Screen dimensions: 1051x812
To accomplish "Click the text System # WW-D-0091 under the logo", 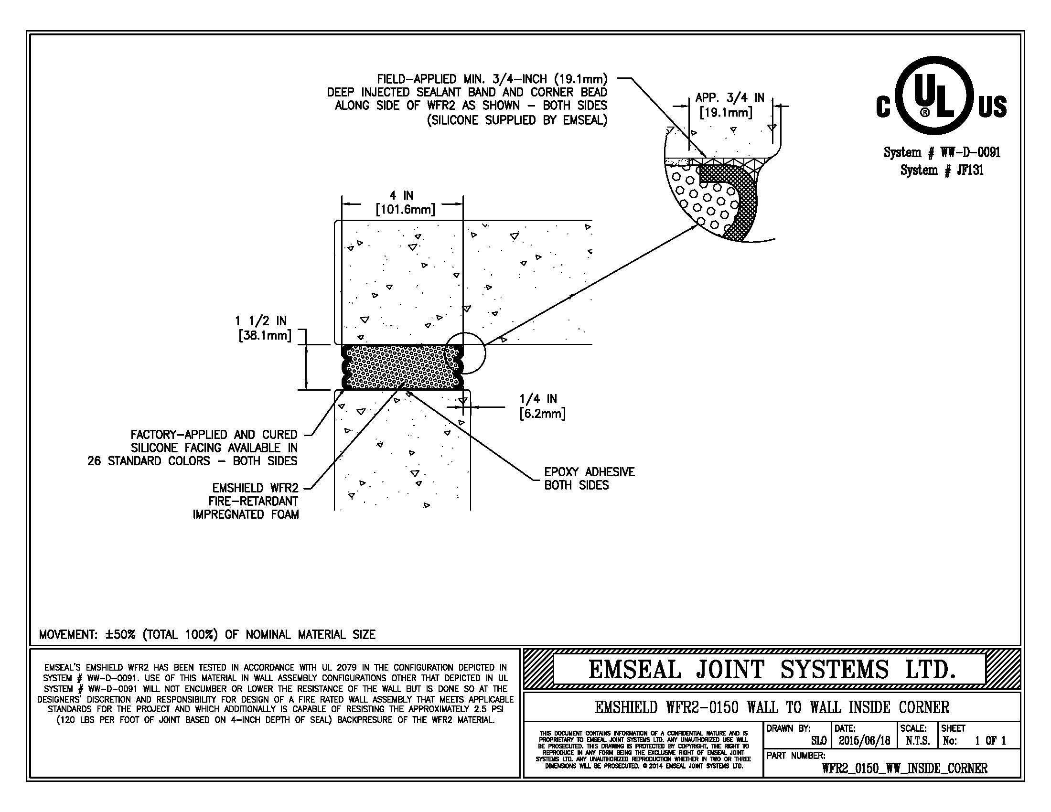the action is pyautogui.click(x=942, y=152).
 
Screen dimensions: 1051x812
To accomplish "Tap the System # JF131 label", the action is pyautogui.click(x=942, y=171).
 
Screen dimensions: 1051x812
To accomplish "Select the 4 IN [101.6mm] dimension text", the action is pyautogui.click(x=405, y=203).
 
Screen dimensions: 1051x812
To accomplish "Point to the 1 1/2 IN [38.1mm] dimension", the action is pyautogui.click(x=264, y=328).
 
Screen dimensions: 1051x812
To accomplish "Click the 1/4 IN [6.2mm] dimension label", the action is pyautogui.click(x=542, y=406).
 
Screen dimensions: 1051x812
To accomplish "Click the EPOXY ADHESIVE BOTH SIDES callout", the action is pyautogui.click(x=590, y=478).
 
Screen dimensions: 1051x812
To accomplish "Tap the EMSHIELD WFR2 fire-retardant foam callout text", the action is pyautogui.click(x=246, y=501).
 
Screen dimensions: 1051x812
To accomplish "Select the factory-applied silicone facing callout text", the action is pyautogui.click(x=193, y=448).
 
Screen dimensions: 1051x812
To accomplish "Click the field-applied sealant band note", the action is pyautogui.click(x=467, y=99).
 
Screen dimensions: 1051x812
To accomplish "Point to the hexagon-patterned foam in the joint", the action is pyautogui.click(x=402, y=367).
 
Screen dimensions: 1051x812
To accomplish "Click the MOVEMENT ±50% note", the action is pyautogui.click(x=207, y=634).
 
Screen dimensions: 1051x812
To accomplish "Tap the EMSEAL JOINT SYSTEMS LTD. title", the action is pyautogui.click(x=772, y=670).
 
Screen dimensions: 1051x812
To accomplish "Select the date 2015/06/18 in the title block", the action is pyautogui.click(x=864, y=741).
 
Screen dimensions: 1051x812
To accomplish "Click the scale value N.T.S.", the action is pyautogui.click(x=917, y=741).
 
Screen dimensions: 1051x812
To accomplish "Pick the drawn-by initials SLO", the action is pyautogui.click(x=818, y=741).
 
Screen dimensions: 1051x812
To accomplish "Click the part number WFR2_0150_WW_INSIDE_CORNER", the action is pyautogui.click(x=904, y=768).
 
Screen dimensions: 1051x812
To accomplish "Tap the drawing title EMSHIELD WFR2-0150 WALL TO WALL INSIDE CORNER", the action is pyautogui.click(x=772, y=707).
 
